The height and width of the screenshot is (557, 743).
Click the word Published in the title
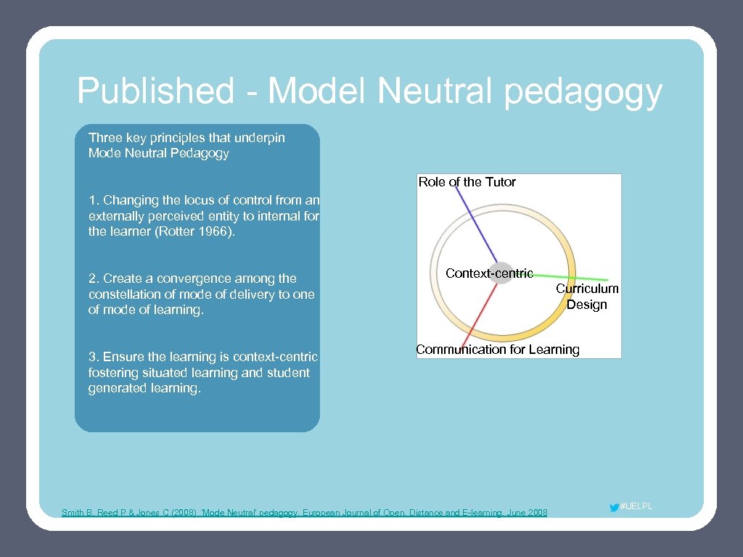(x=155, y=91)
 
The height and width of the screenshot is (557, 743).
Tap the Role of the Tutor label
(x=467, y=182)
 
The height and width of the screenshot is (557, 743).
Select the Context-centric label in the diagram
(x=489, y=273)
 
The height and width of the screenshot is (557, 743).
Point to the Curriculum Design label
(x=587, y=296)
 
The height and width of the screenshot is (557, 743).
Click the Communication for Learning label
(x=498, y=350)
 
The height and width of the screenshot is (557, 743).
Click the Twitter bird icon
(x=615, y=508)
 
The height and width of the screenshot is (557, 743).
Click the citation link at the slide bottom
(x=305, y=513)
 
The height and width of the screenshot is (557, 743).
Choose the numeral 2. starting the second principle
(x=94, y=278)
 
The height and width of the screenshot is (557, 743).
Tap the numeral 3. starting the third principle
(x=94, y=357)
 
